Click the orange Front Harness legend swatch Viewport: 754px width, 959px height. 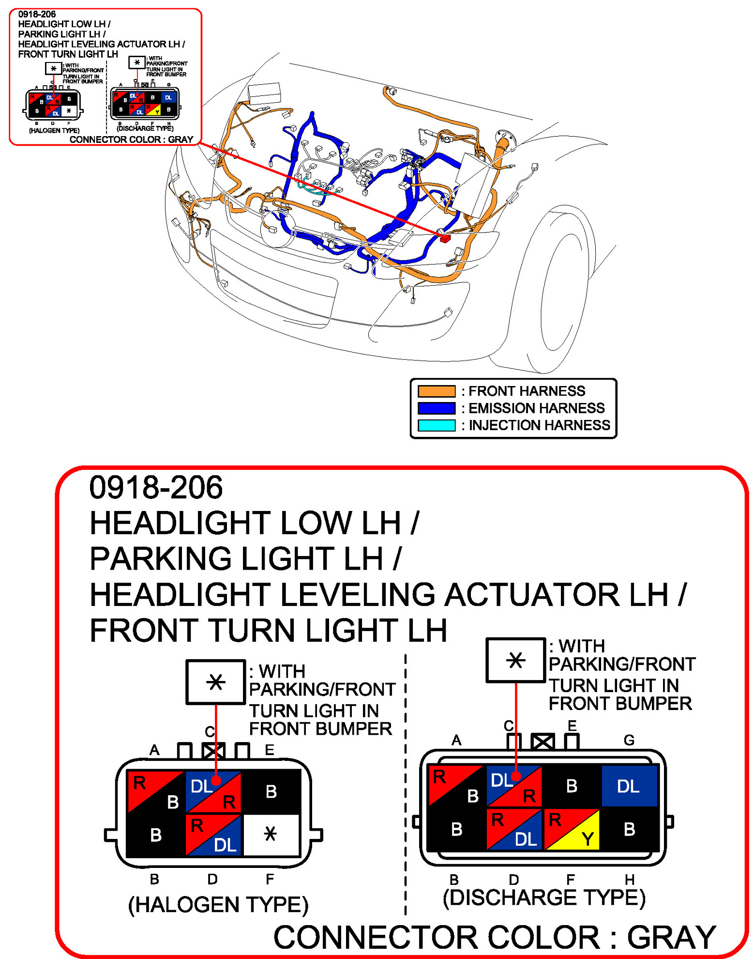[x=436, y=391]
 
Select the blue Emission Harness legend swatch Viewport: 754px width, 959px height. [x=436, y=408]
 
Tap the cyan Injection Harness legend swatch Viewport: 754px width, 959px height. [x=436, y=425]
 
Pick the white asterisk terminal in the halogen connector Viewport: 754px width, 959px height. [x=271, y=834]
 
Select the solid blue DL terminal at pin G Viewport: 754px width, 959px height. [x=629, y=786]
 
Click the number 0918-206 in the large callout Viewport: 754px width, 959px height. [x=156, y=487]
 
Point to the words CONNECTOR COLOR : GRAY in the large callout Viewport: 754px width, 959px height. [x=494, y=937]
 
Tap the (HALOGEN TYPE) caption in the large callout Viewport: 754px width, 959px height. [x=218, y=904]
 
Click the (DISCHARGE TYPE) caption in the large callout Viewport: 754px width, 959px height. [x=544, y=897]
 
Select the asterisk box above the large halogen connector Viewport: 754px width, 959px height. [x=215, y=682]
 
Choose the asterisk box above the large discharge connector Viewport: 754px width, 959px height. [x=515, y=660]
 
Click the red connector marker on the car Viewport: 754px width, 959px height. [x=445, y=238]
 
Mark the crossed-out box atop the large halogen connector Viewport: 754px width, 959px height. [x=213, y=751]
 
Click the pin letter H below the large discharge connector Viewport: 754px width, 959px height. [x=629, y=879]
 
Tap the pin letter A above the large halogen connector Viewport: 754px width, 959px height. [x=154, y=750]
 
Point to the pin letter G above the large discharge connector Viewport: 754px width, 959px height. [x=629, y=740]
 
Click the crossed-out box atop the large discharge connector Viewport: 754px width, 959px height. [x=543, y=742]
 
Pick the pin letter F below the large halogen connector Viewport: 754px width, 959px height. [x=270, y=879]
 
